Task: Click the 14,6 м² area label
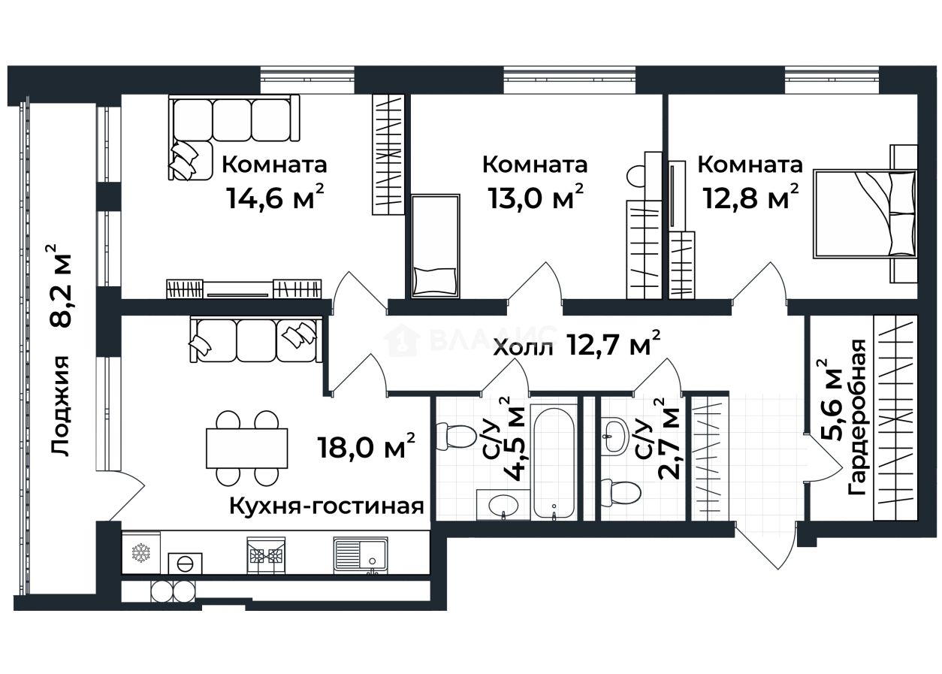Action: click(274, 198)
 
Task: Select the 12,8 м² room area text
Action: click(750, 198)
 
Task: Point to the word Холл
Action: click(524, 348)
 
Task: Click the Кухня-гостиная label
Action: click(327, 506)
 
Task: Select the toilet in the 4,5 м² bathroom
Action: click(458, 437)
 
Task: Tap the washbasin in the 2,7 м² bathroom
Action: click(614, 436)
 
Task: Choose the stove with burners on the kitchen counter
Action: click(266, 555)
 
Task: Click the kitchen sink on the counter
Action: click(360, 555)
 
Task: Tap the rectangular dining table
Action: click(247, 448)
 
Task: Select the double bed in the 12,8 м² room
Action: click(864, 214)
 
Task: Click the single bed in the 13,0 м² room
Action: click(435, 246)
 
